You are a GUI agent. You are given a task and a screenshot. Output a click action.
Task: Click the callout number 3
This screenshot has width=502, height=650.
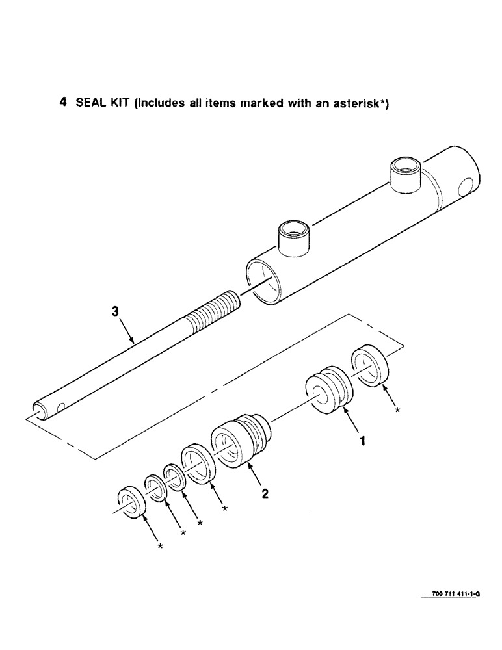coord(115,312)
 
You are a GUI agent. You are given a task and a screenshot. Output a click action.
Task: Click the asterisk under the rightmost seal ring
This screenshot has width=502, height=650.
coord(397,410)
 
